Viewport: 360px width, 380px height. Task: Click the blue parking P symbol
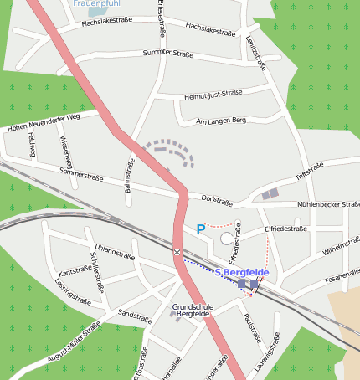(200, 229)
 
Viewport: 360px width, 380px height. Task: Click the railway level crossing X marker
(177, 252)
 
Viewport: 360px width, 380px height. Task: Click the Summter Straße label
(167, 54)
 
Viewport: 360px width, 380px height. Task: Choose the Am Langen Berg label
(219, 121)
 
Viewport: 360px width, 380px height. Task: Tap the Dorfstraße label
(217, 200)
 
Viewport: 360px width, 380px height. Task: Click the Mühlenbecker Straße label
(328, 203)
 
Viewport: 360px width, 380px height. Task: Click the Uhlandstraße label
(115, 252)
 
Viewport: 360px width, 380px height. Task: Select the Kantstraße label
(75, 270)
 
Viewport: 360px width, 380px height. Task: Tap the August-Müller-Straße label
(74, 343)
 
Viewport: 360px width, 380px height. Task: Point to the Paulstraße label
(252, 328)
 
